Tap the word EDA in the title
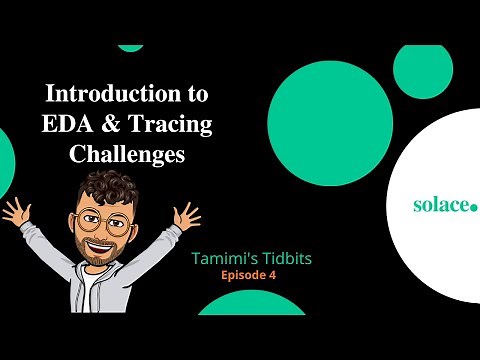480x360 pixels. [x=67, y=128]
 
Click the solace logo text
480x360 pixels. [x=441, y=204]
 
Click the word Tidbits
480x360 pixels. [x=283, y=258]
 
